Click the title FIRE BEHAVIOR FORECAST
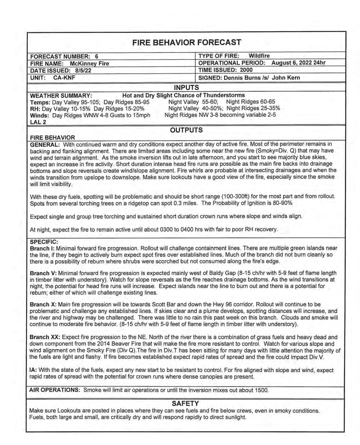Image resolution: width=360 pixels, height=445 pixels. pos(187,43)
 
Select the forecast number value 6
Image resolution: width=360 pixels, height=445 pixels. pos(96,56)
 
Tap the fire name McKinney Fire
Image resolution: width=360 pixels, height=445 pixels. pos(89,63)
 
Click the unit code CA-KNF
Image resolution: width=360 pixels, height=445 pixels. pos(64,78)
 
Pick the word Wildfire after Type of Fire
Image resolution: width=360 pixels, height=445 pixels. pos(259,56)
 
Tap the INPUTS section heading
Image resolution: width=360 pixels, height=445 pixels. pos(186,88)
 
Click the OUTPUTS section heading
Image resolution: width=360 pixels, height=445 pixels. pos(186,130)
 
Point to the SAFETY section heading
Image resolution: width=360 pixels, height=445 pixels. pos(185,403)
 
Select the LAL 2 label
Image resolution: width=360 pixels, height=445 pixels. pos(38,122)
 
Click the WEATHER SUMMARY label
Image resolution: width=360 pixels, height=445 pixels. pos(61,96)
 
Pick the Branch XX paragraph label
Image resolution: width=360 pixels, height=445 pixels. pos(45,337)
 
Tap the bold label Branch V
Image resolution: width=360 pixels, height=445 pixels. pos(43,273)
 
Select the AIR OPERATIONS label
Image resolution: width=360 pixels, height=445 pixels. pos(54,390)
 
